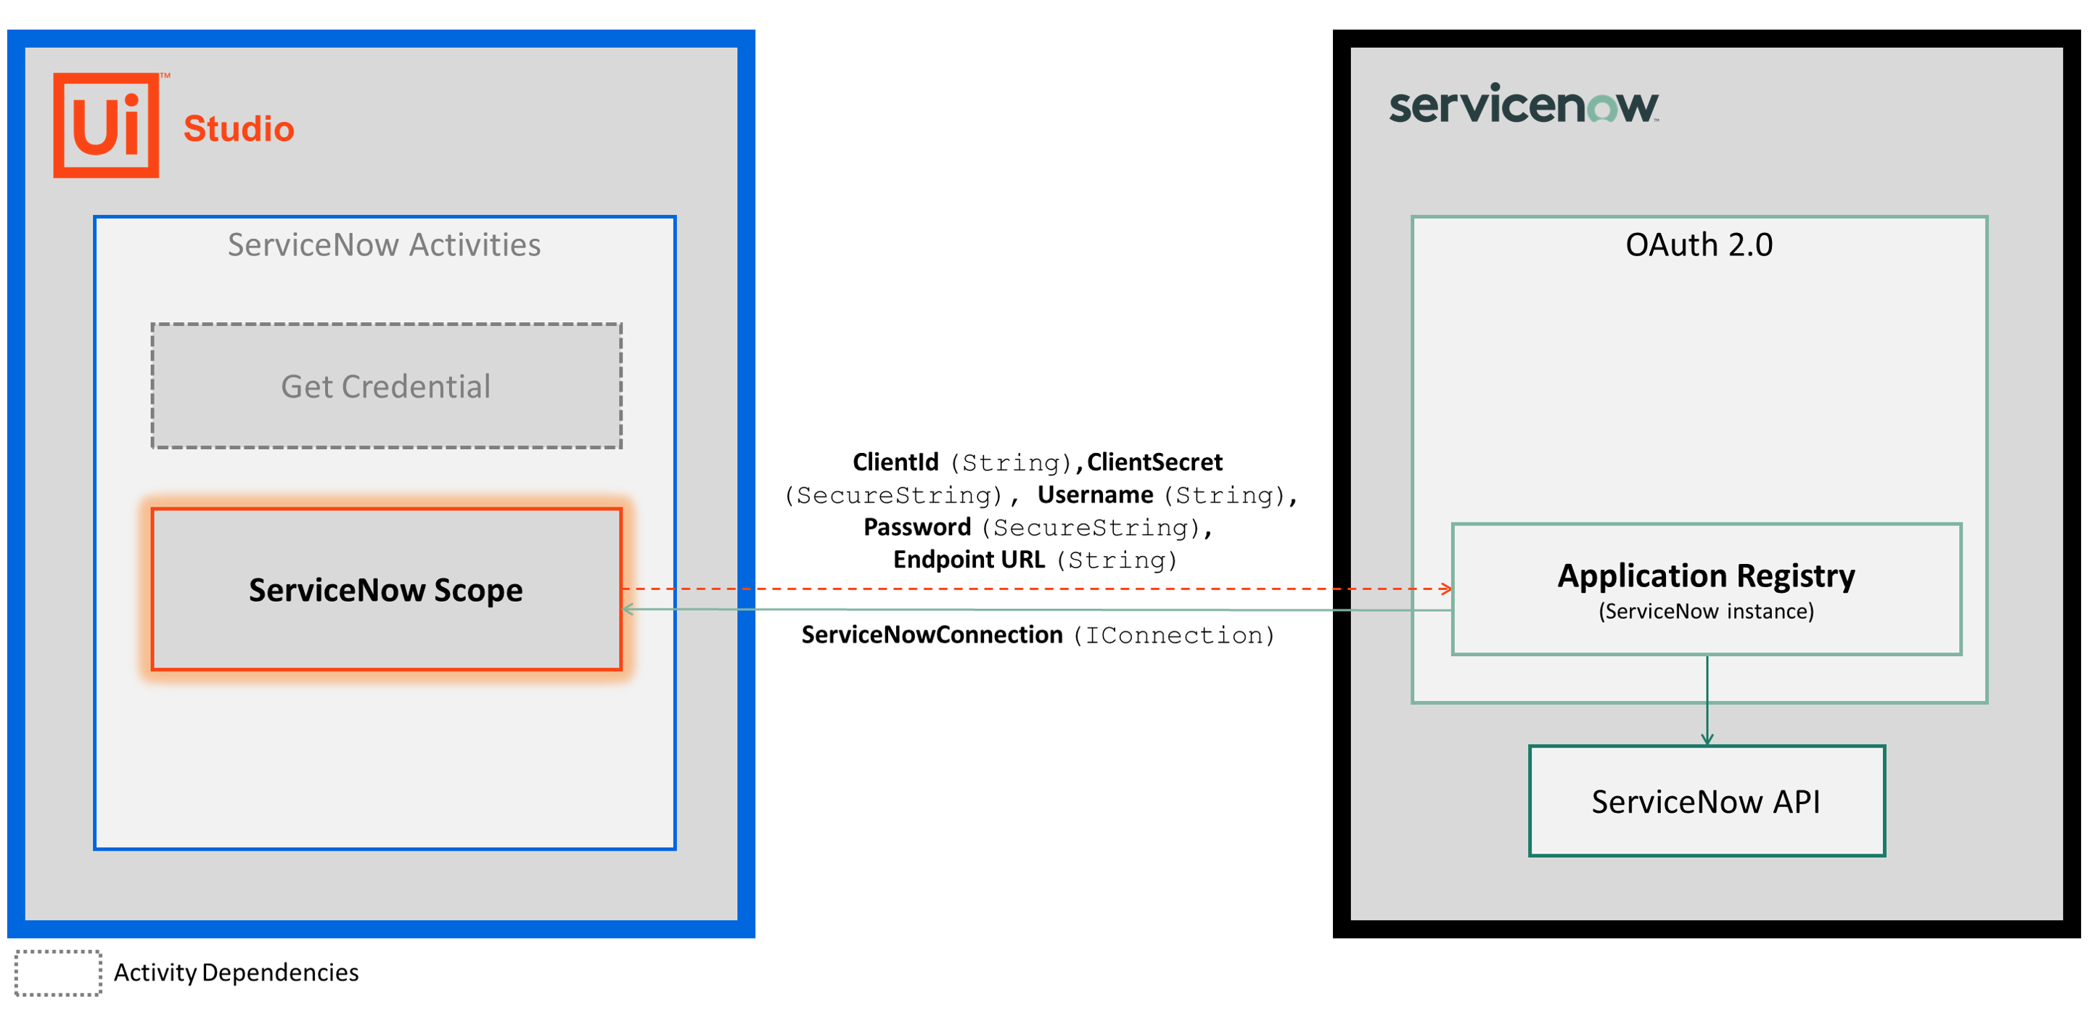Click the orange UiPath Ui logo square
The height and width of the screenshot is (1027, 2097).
(106, 126)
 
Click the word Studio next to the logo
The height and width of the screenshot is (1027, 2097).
(239, 128)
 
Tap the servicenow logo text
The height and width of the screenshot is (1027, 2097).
(1522, 106)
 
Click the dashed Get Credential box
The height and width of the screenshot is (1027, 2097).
(386, 386)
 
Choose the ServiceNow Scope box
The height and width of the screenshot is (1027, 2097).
(386, 589)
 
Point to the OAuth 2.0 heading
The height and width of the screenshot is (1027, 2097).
(1698, 245)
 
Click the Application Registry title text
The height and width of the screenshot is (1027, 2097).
(1705, 576)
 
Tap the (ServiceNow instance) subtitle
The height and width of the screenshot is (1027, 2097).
(1705, 612)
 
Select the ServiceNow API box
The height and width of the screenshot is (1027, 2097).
(1705, 801)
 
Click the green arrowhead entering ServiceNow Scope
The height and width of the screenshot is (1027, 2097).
(628, 609)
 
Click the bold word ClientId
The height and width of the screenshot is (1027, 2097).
(895, 462)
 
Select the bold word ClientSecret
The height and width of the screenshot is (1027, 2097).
(1154, 462)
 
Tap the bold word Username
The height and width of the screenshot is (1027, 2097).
(1094, 495)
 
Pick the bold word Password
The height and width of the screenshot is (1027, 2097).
(916, 528)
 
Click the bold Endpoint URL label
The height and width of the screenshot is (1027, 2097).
(968, 560)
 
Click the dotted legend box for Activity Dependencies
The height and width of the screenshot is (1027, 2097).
(58, 973)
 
